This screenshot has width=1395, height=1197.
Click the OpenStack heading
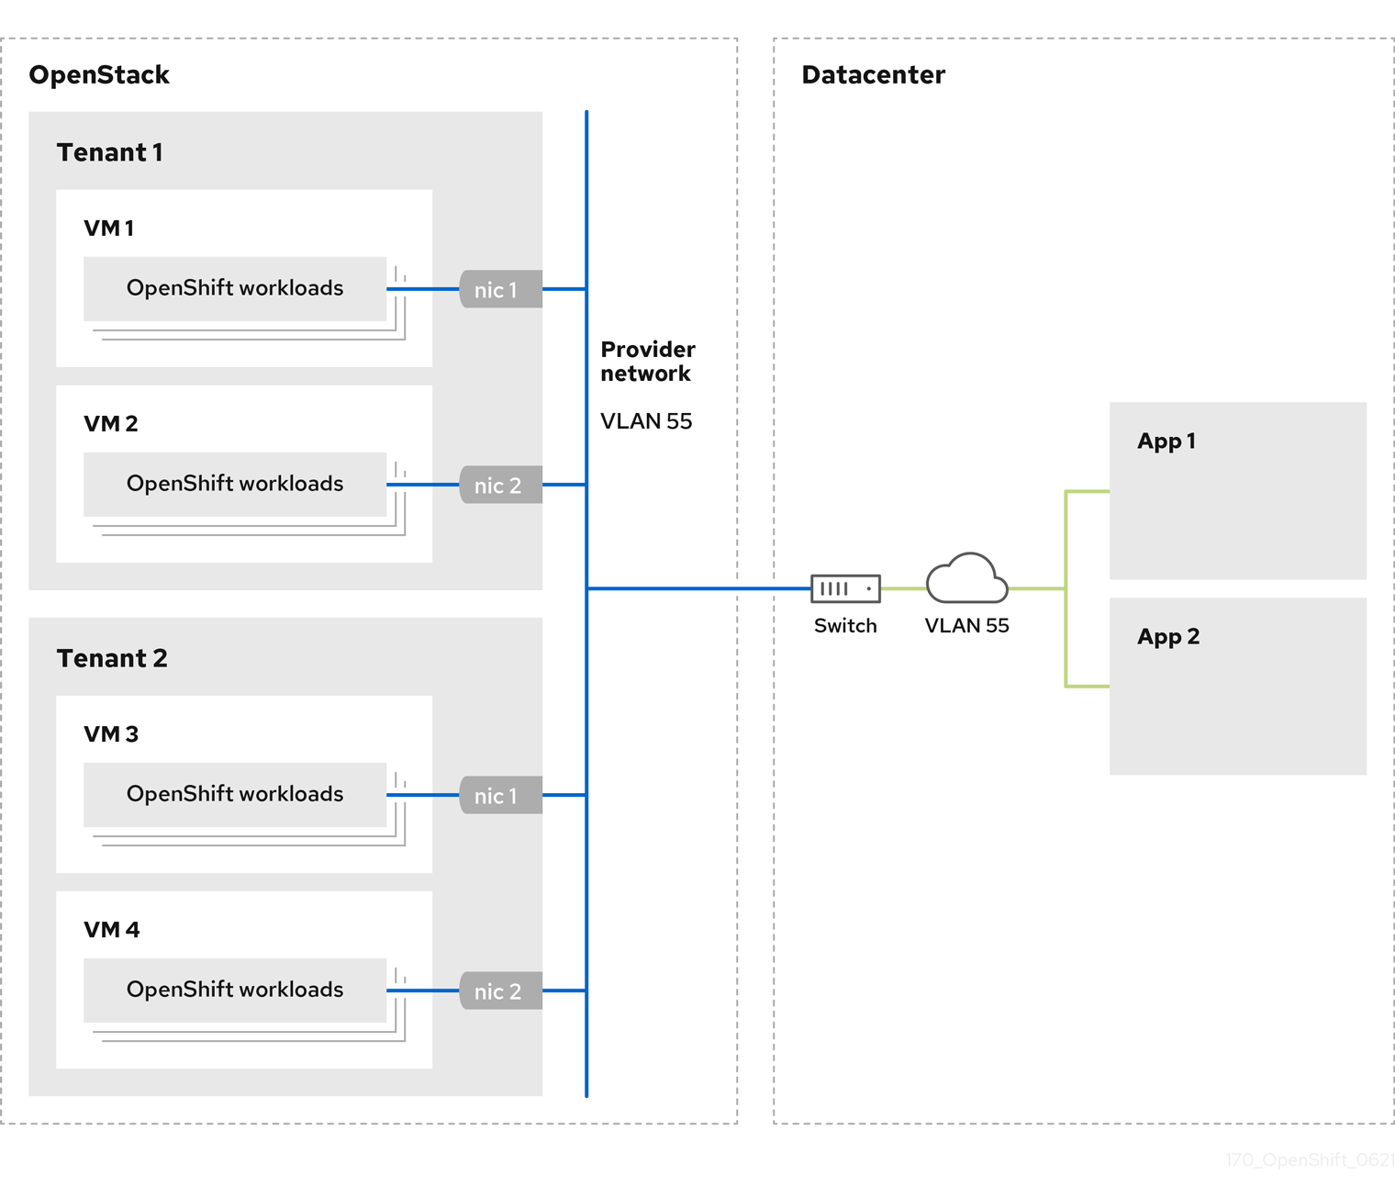tap(99, 74)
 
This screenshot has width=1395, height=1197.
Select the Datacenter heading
tap(873, 74)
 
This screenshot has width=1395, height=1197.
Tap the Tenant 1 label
tap(109, 152)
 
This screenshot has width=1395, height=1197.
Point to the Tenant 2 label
tap(112, 658)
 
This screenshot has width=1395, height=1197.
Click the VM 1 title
tap(108, 228)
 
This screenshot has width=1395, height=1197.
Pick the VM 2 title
tap(110, 423)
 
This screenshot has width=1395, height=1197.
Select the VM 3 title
tap(110, 733)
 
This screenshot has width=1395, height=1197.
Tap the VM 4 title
tap(111, 929)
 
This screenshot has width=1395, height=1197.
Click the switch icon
tap(845, 588)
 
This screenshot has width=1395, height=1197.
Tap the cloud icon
tap(966, 579)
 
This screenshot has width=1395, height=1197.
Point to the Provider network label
tap(647, 362)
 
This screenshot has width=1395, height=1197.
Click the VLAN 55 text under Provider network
tap(646, 421)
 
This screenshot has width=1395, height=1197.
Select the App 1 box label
tap(1166, 442)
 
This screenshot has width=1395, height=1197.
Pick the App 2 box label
tap(1167, 637)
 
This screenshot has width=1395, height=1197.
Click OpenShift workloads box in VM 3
tap(235, 794)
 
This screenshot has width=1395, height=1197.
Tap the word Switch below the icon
tap(845, 626)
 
